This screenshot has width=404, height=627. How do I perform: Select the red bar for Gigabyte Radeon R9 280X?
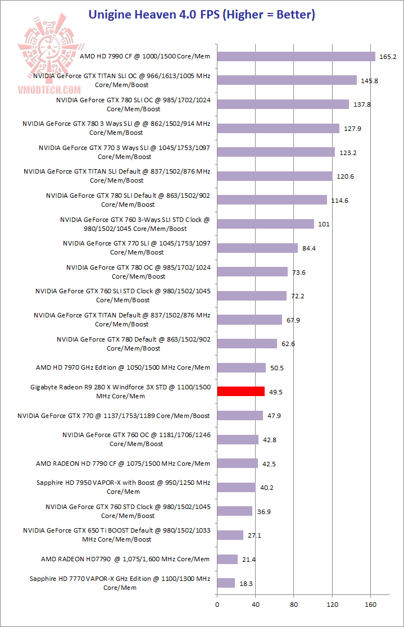(240, 391)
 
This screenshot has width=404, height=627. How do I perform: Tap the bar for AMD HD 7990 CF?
(296, 56)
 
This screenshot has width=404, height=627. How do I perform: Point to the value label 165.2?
(388, 57)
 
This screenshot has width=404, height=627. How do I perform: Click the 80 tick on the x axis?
(294, 605)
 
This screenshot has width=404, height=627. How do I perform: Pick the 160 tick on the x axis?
(370, 605)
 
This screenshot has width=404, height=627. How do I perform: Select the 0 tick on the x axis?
(217, 605)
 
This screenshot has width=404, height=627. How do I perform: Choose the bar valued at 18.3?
(226, 583)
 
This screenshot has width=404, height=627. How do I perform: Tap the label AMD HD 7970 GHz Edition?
(122, 367)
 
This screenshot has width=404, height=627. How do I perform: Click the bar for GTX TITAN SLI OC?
(287, 80)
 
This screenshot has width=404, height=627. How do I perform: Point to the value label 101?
(324, 224)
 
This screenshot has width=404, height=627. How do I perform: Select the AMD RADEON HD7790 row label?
(125, 559)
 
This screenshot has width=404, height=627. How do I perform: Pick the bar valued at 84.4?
(257, 248)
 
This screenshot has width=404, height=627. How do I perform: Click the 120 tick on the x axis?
(332, 605)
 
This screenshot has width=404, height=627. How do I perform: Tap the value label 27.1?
(255, 535)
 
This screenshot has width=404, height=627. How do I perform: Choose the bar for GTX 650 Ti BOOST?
(230, 535)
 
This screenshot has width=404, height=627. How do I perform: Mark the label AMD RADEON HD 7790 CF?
(122, 464)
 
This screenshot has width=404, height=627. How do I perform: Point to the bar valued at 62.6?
(247, 343)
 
